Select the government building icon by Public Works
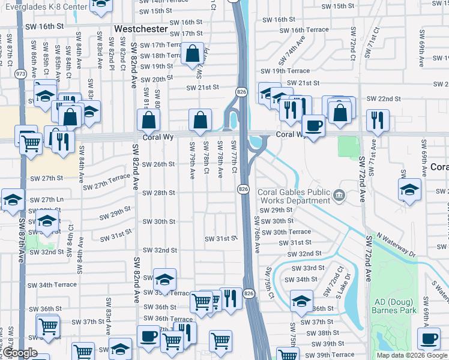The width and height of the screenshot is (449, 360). coord(339,194)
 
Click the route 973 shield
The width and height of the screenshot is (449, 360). coord(20,73)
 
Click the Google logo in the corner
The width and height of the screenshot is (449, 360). coord(20,353)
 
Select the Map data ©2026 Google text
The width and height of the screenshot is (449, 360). coord(412,355)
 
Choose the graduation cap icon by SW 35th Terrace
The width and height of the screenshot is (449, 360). coord(165,280)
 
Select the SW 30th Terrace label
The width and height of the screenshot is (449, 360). coord(291,232)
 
